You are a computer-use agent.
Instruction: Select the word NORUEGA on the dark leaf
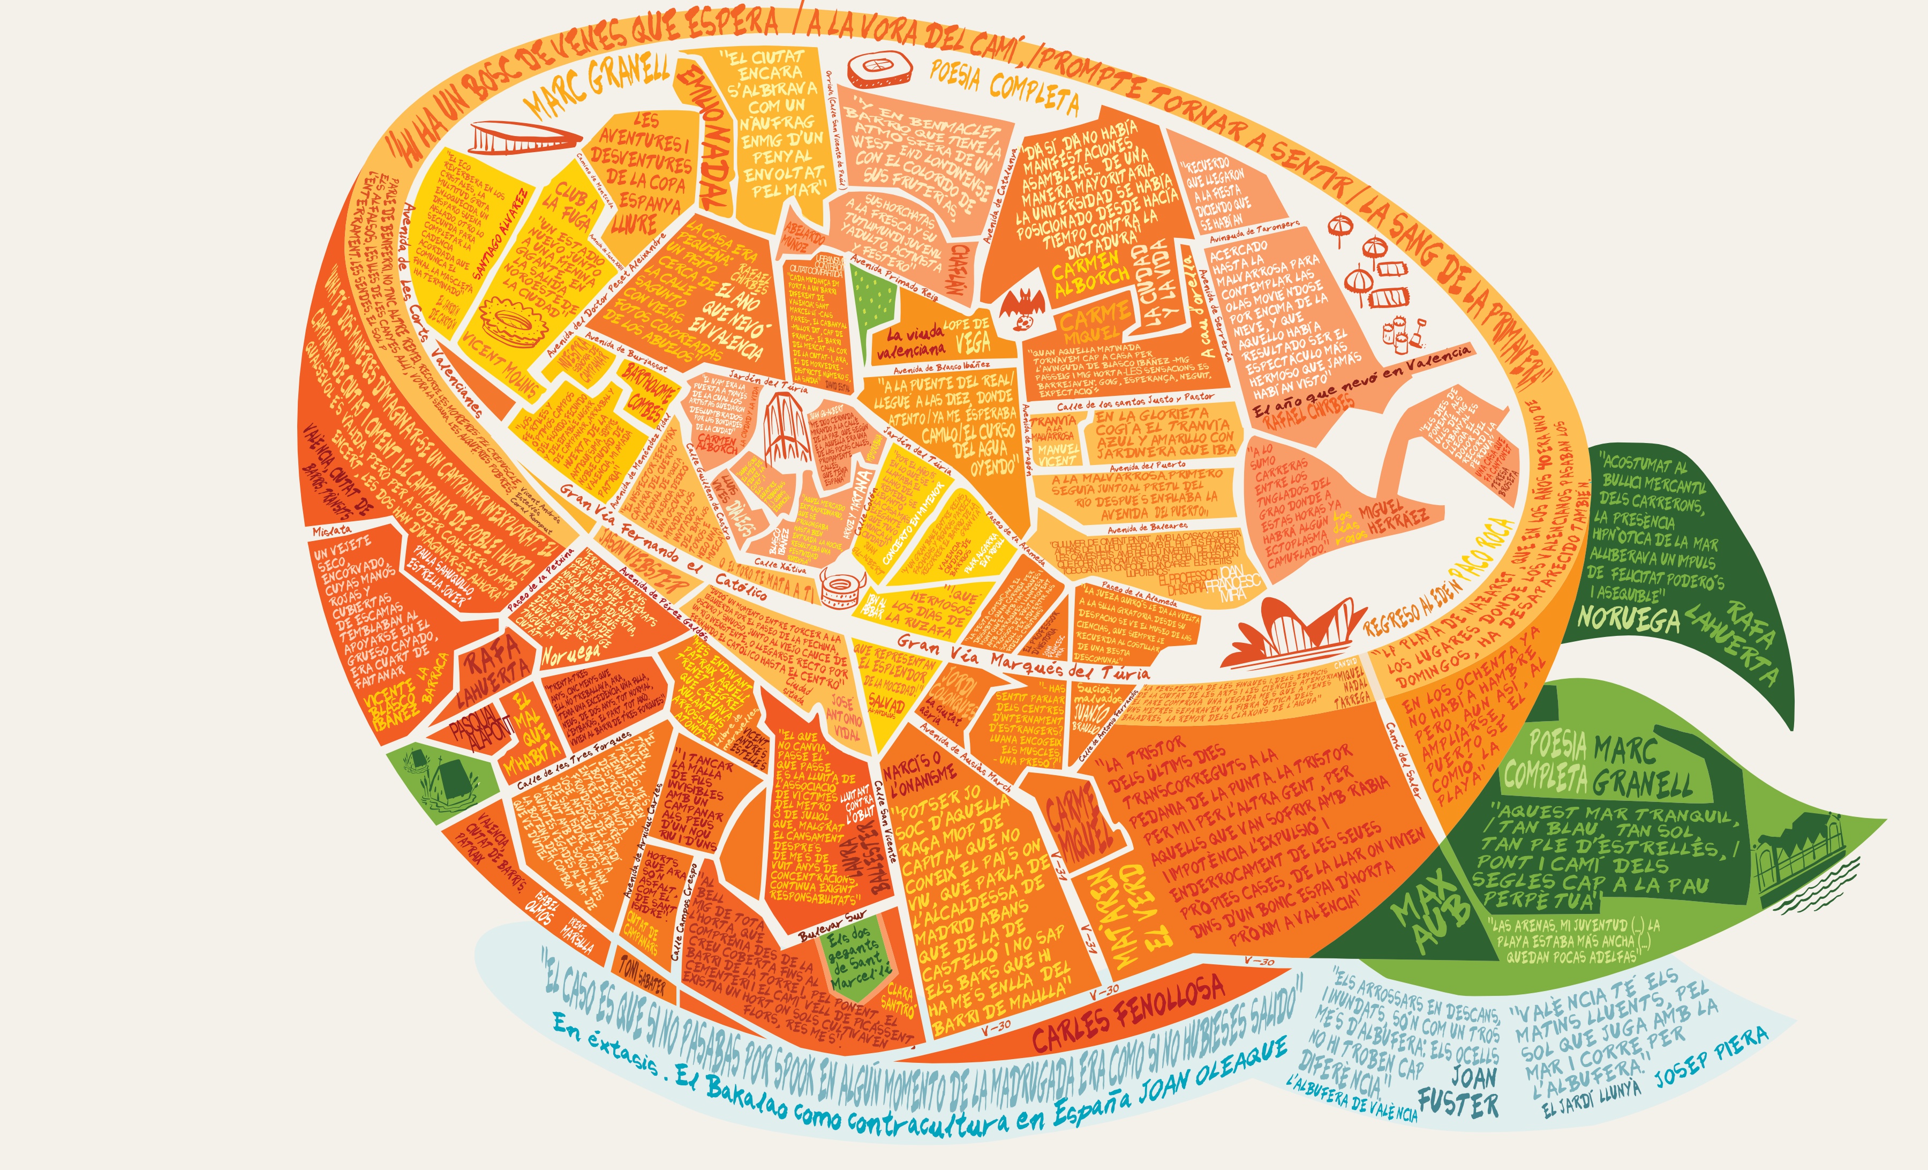point(1627,619)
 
